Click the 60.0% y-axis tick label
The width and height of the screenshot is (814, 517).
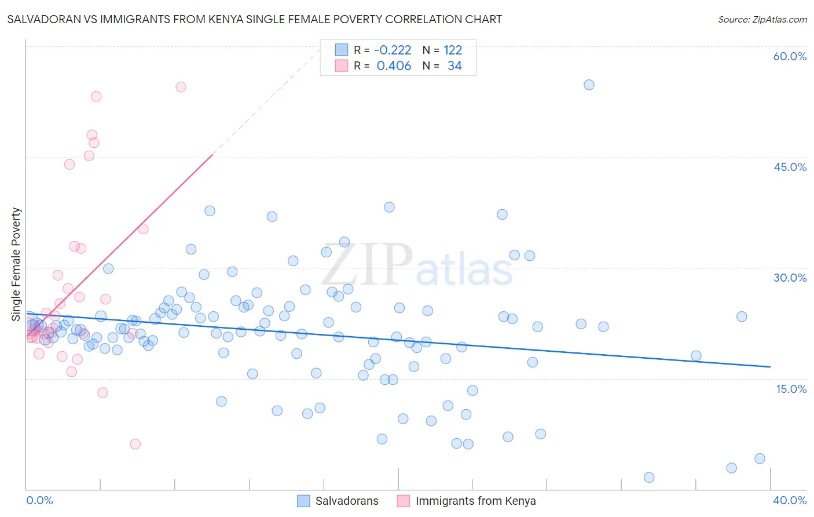(790, 56)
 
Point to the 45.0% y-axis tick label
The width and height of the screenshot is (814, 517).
(790, 167)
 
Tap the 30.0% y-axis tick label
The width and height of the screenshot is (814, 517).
(790, 278)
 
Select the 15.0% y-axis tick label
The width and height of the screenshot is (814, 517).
(791, 388)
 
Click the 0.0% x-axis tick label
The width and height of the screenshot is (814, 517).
(39, 500)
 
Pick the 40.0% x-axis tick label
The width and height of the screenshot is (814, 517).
(790, 500)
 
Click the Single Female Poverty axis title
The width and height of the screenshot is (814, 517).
(16, 264)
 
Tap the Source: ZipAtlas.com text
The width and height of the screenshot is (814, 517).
(762, 19)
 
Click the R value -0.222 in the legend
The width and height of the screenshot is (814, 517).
(393, 50)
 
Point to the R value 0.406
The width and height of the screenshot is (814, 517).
(394, 65)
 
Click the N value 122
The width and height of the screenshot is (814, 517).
(453, 50)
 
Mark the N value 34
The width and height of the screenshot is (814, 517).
(454, 65)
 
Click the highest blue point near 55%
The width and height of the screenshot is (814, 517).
(589, 85)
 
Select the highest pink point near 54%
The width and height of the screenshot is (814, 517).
(181, 87)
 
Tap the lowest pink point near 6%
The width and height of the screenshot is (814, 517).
(135, 444)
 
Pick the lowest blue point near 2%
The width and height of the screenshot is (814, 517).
(649, 477)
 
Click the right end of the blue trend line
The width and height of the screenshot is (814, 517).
(770, 366)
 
